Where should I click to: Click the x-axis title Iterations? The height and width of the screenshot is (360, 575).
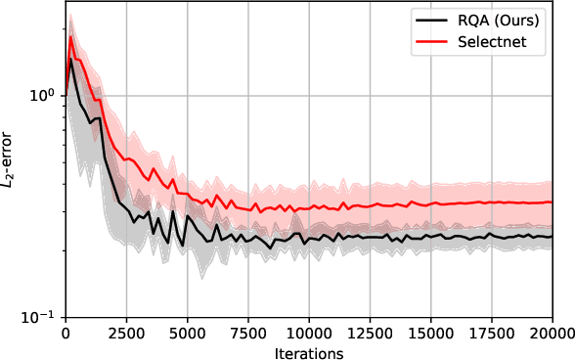pyautogui.click(x=308, y=351)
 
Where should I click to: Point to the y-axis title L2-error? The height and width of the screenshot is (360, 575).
pyautogui.click(x=12, y=162)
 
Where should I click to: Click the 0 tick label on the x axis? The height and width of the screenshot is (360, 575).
pyautogui.click(x=64, y=332)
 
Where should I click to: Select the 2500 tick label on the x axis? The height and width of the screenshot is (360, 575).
pyautogui.click(x=125, y=332)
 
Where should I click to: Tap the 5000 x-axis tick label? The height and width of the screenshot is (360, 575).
pyautogui.click(x=186, y=332)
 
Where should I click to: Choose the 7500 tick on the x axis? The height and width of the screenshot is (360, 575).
pyautogui.click(x=247, y=332)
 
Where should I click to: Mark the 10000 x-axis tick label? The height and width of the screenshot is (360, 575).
pyautogui.click(x=308, y=332)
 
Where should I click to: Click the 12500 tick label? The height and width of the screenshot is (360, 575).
pyautogui.click(x=370, y=332)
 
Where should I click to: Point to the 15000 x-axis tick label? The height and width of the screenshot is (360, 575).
pyautogui.click(x=430, y=332)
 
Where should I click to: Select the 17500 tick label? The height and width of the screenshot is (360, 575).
pyautogui.click(x=492, y=332)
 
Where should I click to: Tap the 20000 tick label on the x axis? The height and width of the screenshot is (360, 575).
pyautogui.click(x=552, y=332)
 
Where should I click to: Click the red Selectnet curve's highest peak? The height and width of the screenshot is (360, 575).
pyautogui.click(x=70, y=37)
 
